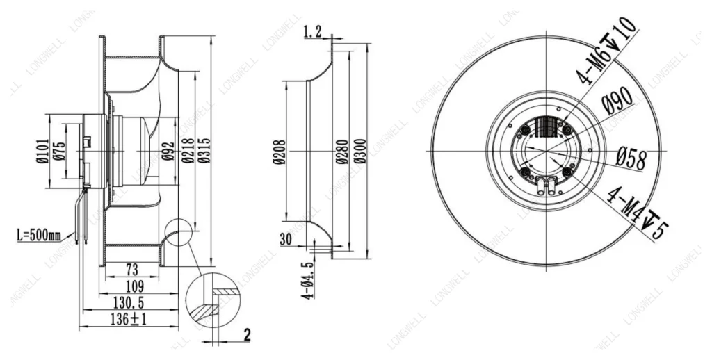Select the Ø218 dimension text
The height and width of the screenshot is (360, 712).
[188, 150]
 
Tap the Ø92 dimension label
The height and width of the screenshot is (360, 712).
[168, 151]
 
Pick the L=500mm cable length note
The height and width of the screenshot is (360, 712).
[39, 236]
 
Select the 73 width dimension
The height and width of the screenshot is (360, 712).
[131, 270]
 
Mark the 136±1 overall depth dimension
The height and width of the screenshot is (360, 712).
[129, 320]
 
